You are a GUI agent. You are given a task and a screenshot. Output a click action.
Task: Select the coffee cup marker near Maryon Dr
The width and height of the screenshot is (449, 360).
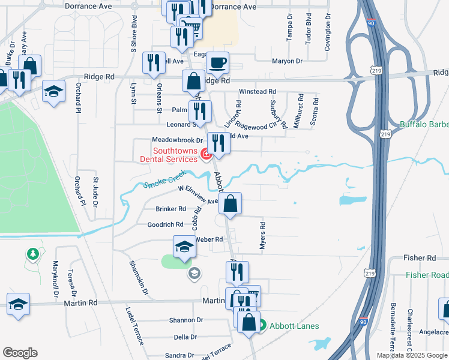[x=217, y=62]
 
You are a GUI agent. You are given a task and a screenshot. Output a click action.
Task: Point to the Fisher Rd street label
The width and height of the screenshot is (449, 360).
[x=420, y=257]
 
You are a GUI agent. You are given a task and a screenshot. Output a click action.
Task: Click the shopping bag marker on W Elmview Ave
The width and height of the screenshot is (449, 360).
[x=230, y=204]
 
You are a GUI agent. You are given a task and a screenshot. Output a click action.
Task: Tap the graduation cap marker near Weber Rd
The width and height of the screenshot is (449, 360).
[x=184, y=247]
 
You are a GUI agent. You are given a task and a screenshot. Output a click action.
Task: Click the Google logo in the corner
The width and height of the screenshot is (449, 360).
[x=20, y=353]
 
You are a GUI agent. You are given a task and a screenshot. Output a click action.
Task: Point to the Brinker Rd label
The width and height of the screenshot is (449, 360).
[x=171, y=209]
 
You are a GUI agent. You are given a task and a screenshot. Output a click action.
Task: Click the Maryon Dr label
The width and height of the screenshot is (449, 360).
[x=286, y=61]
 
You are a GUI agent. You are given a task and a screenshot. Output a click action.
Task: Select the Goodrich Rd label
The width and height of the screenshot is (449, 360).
[x=165, y=224]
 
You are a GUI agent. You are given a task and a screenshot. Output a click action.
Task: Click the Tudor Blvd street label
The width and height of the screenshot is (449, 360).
[x=309, y=29]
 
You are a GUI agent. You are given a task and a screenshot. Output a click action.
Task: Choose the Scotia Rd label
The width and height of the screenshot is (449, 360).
[x=314, y=111]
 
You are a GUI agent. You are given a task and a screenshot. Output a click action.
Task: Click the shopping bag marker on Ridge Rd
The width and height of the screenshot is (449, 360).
[x=194, y=80]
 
